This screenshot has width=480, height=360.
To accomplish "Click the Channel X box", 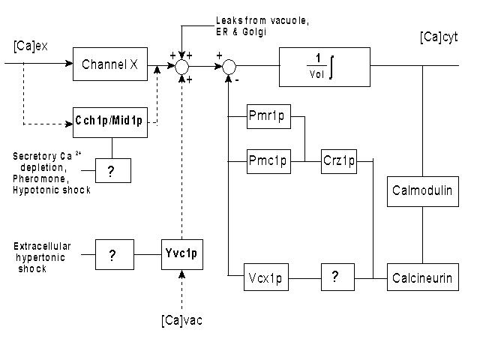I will coord(109,65).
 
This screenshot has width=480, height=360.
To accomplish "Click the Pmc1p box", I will coord(268,160).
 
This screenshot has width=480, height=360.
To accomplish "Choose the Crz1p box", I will coord(340,160).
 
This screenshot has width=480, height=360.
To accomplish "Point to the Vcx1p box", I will coord(268,277).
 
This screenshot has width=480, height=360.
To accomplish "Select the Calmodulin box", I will coord(422,190).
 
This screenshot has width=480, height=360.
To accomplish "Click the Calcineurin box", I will coord(422,277).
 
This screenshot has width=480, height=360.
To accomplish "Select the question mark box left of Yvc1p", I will coord(112,255).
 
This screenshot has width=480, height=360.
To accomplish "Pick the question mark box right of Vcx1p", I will coord(334,277).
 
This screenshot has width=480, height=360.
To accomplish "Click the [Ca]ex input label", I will coord(30,47).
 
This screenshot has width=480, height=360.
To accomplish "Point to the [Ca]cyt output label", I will coord(439,37).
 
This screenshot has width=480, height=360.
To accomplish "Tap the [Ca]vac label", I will coord(181,321).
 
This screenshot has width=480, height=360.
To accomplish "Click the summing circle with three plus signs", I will coord(181,66).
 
